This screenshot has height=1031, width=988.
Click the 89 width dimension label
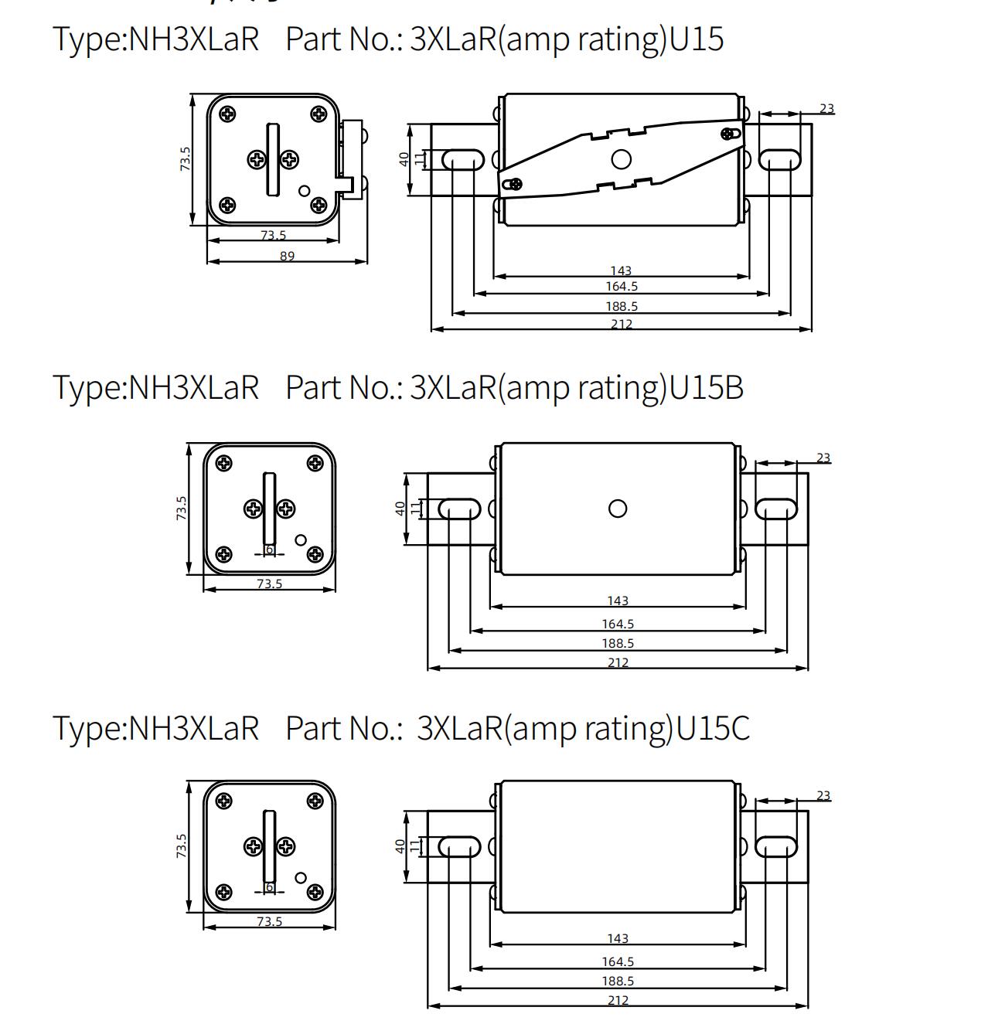[287, 256]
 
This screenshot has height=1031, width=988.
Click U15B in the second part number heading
[706, 386]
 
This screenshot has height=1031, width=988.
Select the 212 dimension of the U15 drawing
[621, 324]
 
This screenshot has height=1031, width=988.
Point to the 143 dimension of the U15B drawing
[618, 601]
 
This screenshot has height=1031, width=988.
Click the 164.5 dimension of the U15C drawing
[618, 961]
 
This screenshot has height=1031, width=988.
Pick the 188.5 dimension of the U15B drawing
[618, 643]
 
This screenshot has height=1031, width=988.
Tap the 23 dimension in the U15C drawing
[823, 795]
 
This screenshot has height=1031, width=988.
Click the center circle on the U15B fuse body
[618, 509]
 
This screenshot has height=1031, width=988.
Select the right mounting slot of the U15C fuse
[775, 846]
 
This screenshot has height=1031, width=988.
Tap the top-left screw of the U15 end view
[227, 114]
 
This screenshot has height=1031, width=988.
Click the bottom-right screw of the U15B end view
[315, 554]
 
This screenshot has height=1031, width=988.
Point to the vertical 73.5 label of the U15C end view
[181, 846]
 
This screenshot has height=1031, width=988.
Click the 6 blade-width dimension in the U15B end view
[269, 550]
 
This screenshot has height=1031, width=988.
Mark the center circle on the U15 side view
[621, 160]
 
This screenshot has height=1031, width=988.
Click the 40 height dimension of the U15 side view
[404, 159]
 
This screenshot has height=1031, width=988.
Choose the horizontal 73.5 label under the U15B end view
[269, 584]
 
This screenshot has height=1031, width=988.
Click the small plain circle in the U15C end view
[301, 877]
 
